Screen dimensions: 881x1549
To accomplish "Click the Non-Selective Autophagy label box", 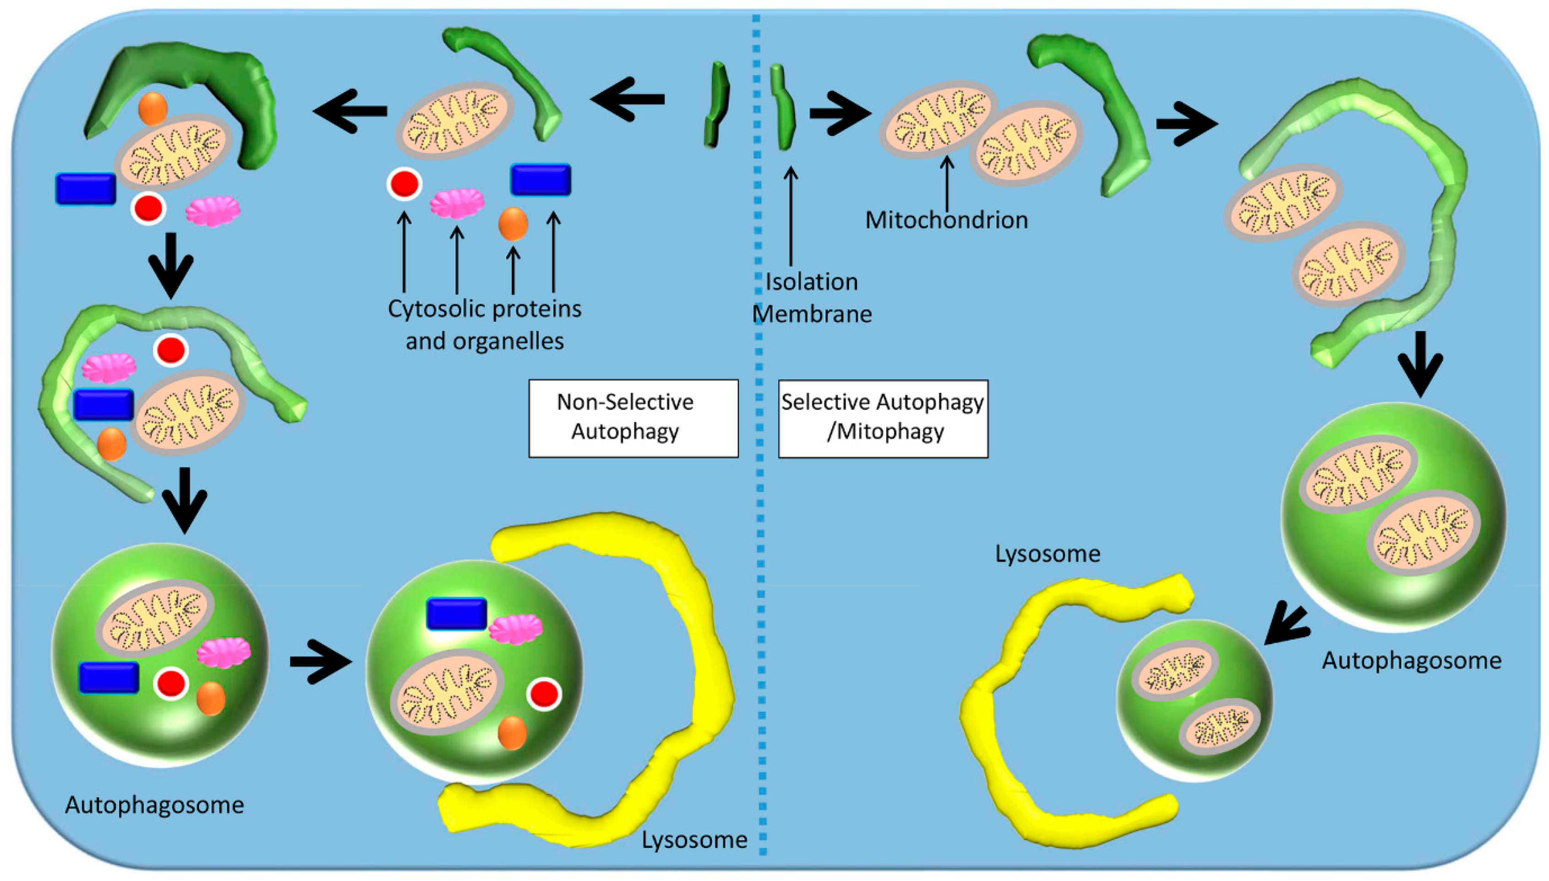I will click(x=633, y=418).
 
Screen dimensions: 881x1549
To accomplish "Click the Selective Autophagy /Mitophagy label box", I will click(x=882, y=418).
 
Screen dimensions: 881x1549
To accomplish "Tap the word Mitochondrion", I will click(x=946, y=220).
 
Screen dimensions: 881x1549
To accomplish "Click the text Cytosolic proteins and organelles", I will click(x=484, y=325).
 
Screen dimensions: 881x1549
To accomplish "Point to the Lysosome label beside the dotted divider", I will click(x=694, y=840).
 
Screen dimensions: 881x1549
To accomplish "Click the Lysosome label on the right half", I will click(x=1047, y=554).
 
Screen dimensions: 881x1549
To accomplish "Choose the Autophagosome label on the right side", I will click(x=1411, y=660).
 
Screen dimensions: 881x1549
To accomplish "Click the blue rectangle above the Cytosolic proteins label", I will click(x=540, y=180).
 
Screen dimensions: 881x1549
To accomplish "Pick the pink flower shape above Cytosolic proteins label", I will click(x=457, y=204).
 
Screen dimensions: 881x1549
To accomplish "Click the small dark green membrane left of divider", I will click(x=716, y=104).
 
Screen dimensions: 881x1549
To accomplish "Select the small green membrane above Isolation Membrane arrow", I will click(x=782, y=108).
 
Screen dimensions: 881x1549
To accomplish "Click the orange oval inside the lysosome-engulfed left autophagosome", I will click(x=512, y=732).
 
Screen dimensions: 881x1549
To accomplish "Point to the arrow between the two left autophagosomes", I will click(x=321, y=662).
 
